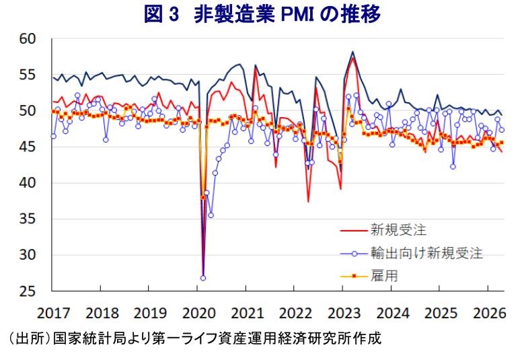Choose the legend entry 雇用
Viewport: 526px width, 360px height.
pyautogui.click(x=381, y=275)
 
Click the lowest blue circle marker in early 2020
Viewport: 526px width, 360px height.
pyautogui.click(x=203, y=278)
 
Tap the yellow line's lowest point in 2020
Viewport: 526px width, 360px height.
pyautogui.click(x=203, y=197)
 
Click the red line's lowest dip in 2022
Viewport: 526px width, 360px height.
pyautogui.click(x=309, y=201)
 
